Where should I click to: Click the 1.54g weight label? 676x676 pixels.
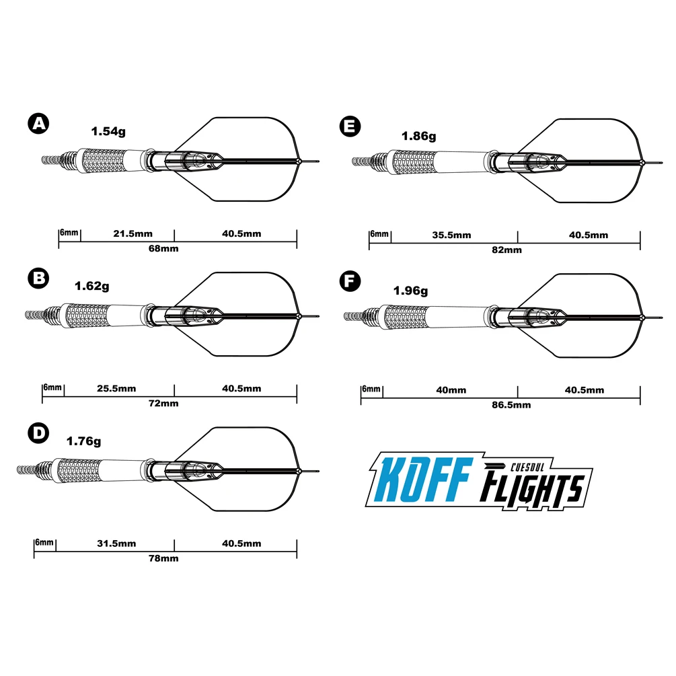[x=109, y=132]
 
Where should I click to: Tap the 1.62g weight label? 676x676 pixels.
[x=92, y=286]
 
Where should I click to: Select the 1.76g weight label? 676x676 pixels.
[x=83, y=441]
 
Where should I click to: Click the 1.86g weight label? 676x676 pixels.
[x=418, y=136]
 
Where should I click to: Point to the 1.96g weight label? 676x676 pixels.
[x=410, y=291]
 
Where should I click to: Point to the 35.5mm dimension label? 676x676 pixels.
[x=452, y=235]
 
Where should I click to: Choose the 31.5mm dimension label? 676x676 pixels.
[x=116, y=543]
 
